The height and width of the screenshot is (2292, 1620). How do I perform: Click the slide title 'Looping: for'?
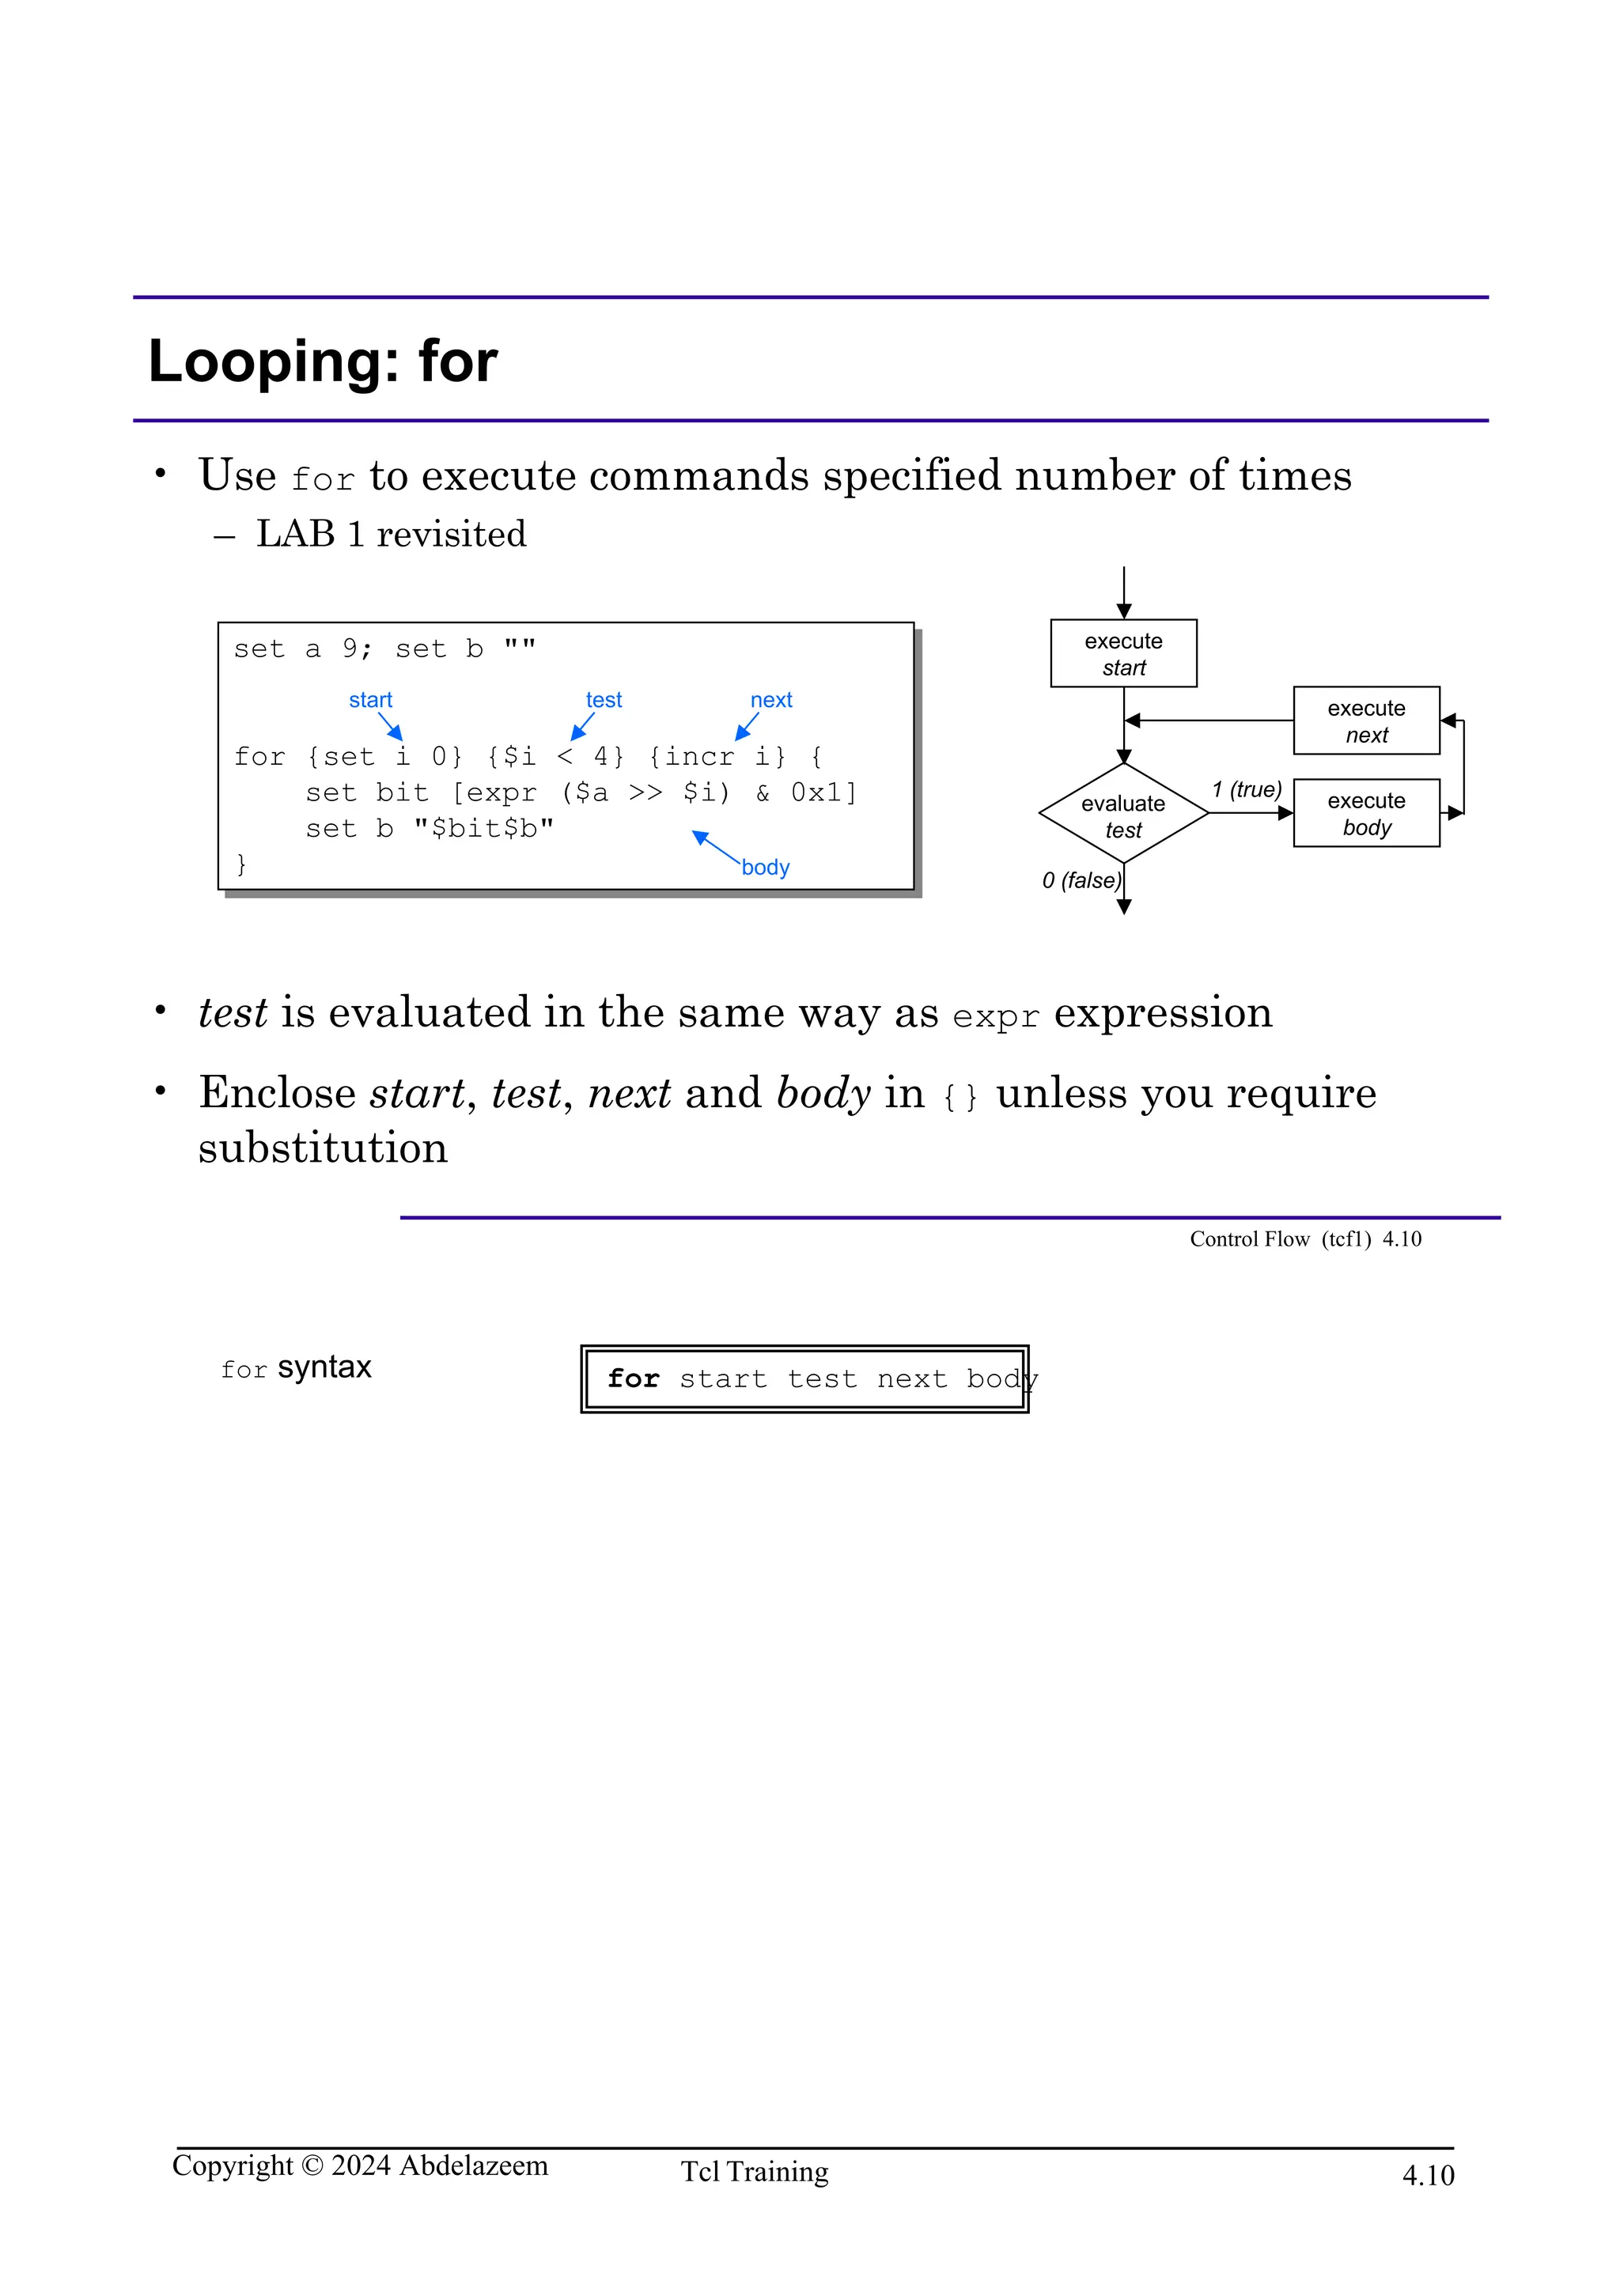click(323, 361)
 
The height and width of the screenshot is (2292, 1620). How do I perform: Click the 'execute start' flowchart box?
click(1123, 654)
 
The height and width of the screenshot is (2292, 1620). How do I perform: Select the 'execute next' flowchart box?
click(1365, 721)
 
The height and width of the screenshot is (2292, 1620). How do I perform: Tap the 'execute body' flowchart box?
click(1365, 814)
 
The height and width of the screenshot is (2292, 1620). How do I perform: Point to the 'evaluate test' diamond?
click(1123, 815)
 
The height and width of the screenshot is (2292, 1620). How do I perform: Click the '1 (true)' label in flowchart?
click(1246, 789)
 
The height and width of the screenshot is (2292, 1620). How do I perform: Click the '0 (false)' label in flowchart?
click(1081, 880)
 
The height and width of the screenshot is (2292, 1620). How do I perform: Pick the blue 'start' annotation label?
click(370, 700)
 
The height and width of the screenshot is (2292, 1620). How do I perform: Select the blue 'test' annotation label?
click(604, 700)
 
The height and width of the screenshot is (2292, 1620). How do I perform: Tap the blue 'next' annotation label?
click(770, 700)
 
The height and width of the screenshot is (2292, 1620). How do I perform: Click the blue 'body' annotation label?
click(766, 868)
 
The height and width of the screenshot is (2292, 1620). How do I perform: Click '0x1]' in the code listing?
click(823, 792)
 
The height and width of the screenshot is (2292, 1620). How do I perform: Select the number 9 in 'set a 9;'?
click(350, 649)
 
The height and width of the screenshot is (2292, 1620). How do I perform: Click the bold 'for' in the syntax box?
click(633, 1379)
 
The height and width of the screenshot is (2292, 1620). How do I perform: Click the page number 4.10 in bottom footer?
click(1427, 2175)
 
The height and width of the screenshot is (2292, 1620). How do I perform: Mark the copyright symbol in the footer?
click(312, 2166)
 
